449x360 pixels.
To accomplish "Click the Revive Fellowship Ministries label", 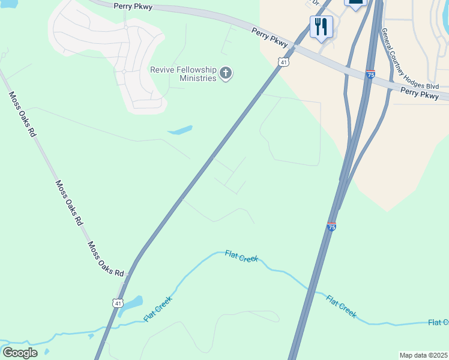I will coord(182,74).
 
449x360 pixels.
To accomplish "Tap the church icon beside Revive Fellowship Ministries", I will coord(226,74).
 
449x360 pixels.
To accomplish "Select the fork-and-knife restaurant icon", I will coord(321,27).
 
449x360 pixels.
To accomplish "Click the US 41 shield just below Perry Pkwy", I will coord(284,61).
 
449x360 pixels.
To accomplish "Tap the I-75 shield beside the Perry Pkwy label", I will coord(371,75).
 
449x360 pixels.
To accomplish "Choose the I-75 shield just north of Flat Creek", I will coord(331,226).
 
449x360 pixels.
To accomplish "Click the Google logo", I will coord(19,353).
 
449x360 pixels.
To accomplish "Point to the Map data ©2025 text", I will coord(423,355).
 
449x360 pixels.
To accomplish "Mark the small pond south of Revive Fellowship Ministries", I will coord(180,130).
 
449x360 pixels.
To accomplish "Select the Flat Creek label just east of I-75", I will coord(341,305).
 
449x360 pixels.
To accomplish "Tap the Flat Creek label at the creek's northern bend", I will coord(241,256).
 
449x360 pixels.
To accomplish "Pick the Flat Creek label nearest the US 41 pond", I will coord(158,308).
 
